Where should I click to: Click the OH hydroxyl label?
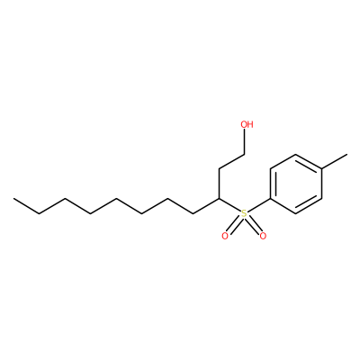click(x=247, y=124)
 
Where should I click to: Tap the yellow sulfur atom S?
click(x=244, y=213)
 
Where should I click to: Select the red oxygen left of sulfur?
click(x=225, y=236)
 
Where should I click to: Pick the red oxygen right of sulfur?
click(x=263, y=236)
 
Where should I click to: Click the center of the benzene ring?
click(x=296, y=184)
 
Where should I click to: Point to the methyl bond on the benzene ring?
click(x=335, y=162)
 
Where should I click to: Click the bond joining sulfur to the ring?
click(x=259, y=205)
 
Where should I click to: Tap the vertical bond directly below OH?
click(x=245, y=142)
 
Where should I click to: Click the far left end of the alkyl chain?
click(x=13, y=199)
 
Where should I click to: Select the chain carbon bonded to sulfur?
click(x=219, y=199)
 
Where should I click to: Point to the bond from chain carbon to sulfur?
click(x=229, y=205)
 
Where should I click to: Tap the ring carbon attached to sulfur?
click(x=270, y=199)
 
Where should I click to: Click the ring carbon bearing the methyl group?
click(x=322, y=169)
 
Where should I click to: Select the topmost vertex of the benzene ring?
click(x=296, y=154)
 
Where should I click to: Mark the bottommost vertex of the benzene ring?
click(x=296, y=214)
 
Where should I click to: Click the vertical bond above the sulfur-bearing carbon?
click(x=219, y=184)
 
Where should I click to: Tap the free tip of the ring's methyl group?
click(x=347, y=155)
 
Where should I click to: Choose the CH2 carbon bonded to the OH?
click(x=245, y=155)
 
